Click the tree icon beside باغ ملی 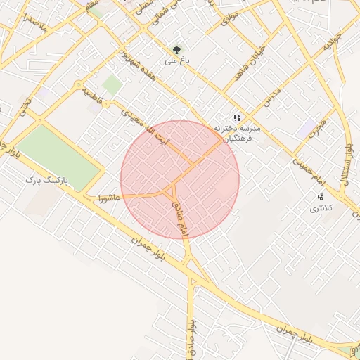click(177, 50)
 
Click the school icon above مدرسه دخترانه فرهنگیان click(237, 118)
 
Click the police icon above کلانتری click(321, 197)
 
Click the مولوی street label click(230, 16)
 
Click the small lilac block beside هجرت click(308, 129)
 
